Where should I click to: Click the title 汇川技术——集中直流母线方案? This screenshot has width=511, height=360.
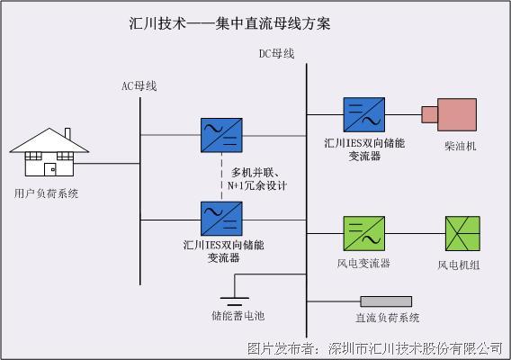click(x=229, y=23)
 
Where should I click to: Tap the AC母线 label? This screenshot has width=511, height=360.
click(x=139, y=86)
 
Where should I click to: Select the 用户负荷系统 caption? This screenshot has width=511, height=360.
click(x=46, y=193)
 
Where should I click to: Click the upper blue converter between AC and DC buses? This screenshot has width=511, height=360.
click(x=220, y=136)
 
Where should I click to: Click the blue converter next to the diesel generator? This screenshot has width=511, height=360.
click(x=363, y=115)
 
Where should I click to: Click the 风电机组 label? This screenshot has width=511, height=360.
click(x=458, y=265)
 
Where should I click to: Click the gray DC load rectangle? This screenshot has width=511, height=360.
click(x=386, y=301)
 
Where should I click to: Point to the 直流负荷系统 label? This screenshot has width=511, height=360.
click(x=388, y=318)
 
